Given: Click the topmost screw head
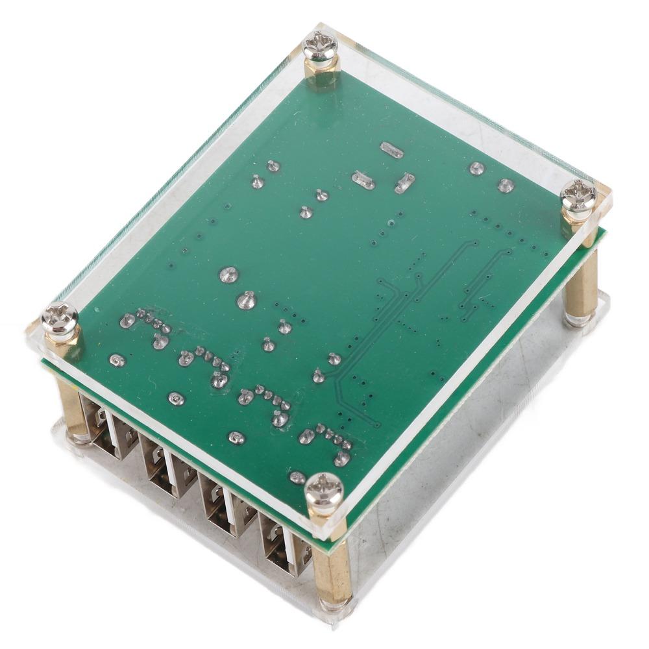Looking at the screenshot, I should click(x=321, y=46).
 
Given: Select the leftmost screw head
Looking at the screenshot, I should click(x=60, y=320).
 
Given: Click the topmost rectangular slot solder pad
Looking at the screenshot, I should click(x=391, y=151).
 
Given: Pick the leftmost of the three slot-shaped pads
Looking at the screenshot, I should click(x=363, y=180).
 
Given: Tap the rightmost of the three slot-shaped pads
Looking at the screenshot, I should click(x=404, y=182).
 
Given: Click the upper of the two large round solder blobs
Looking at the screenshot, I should click(x=227, y=275).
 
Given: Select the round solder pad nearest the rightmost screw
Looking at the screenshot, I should click(x=506, y=186).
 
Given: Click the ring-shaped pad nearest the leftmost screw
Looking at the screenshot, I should click(x=117, y=360).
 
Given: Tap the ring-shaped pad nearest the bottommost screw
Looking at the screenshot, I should click(x=297, y=478).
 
